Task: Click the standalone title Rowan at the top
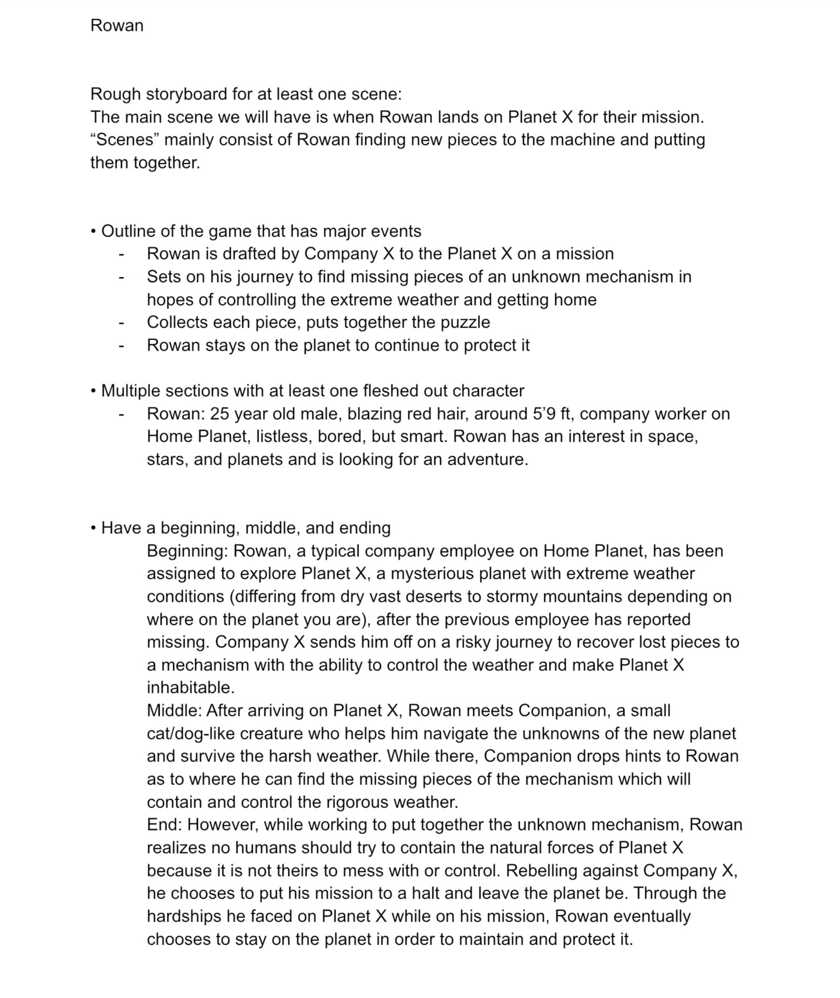[117, 26]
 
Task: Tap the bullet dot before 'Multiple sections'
[93, 391]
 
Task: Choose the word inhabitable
[191, 688]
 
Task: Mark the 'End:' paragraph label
[164, 825]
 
